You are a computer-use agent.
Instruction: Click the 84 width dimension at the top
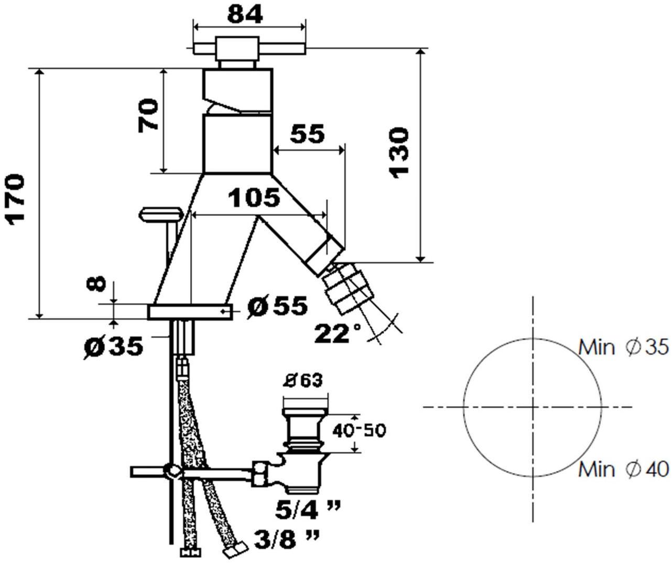[245, 15]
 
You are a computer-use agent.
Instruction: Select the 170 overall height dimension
[15, 200]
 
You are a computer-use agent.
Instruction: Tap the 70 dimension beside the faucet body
[148, 115]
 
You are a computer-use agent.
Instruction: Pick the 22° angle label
[338, 333]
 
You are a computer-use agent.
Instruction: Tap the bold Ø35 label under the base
[113, 347]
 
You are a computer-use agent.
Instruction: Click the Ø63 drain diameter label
[303, 381]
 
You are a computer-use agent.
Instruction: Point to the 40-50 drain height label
[359, 430]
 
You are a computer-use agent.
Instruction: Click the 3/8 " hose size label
[287, 540]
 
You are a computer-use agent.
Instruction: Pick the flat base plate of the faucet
[190, 311]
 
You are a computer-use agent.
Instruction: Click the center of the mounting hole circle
[532, 407]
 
